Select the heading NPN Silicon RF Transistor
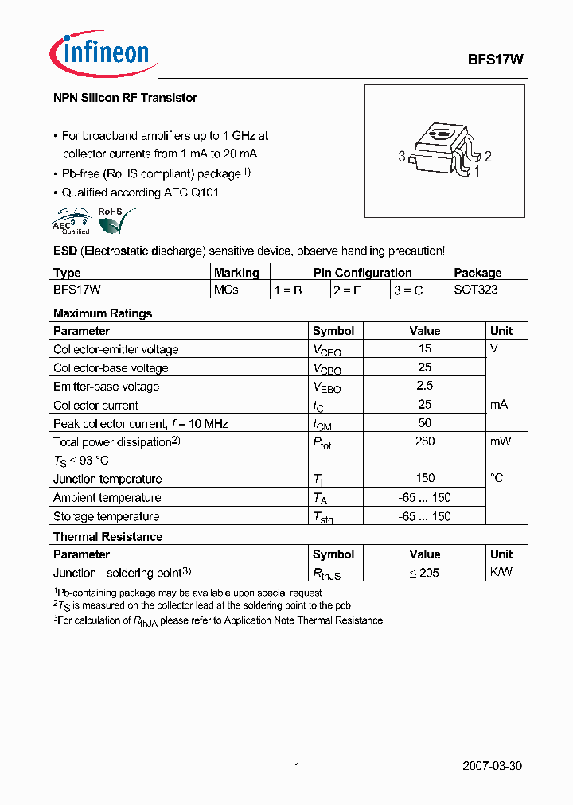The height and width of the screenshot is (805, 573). (125, 98)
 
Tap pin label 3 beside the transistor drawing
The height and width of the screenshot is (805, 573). (402, 157)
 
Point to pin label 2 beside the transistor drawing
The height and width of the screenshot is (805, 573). (488, 157)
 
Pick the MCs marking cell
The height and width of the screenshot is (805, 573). (226, 290)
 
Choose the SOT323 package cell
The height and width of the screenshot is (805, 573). (476, 290)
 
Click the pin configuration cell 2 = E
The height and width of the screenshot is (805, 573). (347, 290)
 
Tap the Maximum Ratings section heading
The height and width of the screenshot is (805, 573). (103, 313)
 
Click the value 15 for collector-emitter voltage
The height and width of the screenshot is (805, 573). (425, 348)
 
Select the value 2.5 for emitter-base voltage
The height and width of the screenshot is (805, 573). (425, 386)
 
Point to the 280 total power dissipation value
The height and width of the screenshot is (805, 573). (425, 441)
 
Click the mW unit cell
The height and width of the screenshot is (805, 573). (501, 441)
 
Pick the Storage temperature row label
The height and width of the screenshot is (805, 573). (107, 516)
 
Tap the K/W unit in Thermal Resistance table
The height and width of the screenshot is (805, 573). (501, 573)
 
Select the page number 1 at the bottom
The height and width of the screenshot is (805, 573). (297, 767)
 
